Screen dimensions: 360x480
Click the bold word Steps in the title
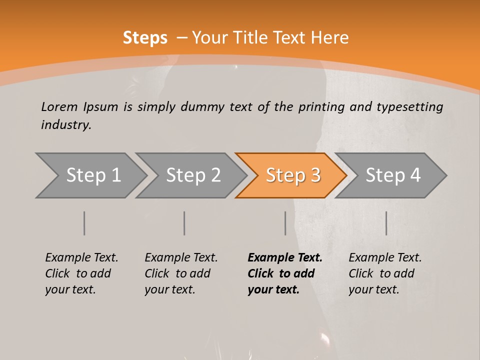[145, 37]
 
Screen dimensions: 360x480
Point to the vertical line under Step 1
[84, 223]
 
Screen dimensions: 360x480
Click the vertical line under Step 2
[184, 223]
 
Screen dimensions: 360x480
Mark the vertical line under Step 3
[285, 223]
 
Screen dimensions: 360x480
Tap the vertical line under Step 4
[386, 223]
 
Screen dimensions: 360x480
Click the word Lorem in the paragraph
[59, 106]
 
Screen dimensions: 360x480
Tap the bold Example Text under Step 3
[285, 257]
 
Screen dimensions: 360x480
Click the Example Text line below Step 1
[81, 257]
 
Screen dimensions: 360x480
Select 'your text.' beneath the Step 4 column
[373, 289]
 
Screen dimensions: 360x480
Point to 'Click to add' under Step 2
[177, 273]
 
